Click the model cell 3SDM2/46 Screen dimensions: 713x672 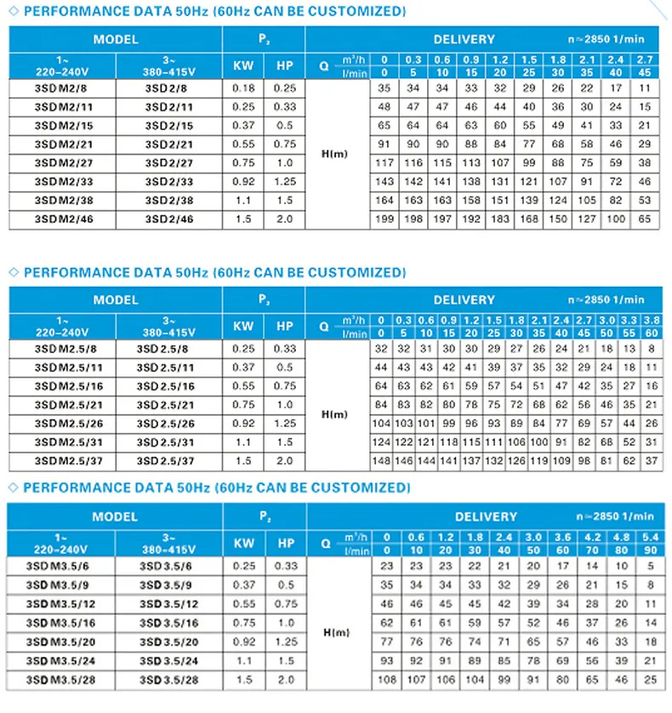pos(59,220)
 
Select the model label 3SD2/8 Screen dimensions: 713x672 pos(168,88)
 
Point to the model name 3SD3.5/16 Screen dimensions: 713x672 pos(169,623)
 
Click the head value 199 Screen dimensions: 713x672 pos(384,220)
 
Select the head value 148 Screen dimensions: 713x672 pos(381,460)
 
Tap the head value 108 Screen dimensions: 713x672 pos(387,681)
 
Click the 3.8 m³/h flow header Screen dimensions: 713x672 pos(651,319)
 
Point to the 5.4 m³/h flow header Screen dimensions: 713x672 pos(650,537)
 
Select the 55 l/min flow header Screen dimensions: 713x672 pos(630,333)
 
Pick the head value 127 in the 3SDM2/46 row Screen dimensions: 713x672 pos(587,220)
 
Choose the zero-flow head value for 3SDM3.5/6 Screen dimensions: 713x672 pos(387,565)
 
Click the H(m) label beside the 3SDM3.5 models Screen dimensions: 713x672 pos(338,632)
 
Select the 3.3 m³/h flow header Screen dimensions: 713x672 pos(630,319)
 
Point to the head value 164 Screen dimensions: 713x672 pos(384,201)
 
